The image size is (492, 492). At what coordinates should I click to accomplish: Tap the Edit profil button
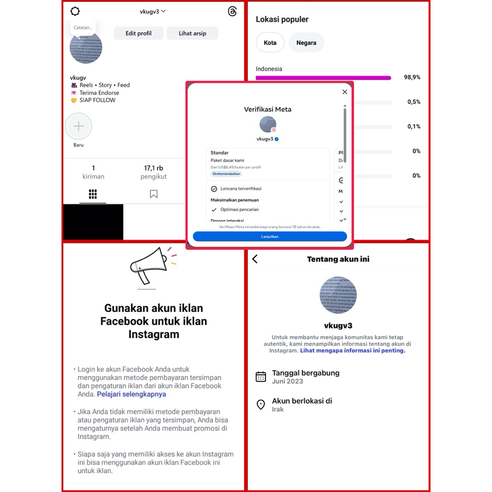click(138, 33)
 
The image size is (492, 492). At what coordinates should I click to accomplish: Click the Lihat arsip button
click(193, 33)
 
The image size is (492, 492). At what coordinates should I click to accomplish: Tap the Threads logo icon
click(233, 12)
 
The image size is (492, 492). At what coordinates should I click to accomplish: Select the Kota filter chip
click(270, 43)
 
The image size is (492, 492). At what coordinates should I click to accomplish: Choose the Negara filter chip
click(306, 43)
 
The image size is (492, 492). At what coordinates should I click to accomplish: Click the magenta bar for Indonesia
click(323, 78)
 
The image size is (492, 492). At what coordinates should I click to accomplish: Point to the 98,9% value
click(412, 77)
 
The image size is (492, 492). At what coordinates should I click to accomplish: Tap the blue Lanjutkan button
click(270, 236)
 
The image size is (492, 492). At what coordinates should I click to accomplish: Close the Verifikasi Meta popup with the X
click(344, 92)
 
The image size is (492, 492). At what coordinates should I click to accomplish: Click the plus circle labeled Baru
click(78, 126)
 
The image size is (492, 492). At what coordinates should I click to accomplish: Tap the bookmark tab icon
click(154, 194)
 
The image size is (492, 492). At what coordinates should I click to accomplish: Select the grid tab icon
click(93, 194)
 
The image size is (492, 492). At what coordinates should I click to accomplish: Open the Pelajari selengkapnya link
click(132, 394)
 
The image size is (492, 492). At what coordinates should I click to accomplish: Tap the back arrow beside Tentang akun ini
click(255, 259)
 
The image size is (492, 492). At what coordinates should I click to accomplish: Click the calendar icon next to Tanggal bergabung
click(261, 377)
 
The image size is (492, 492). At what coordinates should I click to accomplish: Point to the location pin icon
click(261, 405)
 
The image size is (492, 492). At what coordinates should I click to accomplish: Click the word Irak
click(278, 409)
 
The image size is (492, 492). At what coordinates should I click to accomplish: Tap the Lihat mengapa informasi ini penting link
click(353, 351)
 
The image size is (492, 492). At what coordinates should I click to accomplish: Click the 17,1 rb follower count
click(154, 168)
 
